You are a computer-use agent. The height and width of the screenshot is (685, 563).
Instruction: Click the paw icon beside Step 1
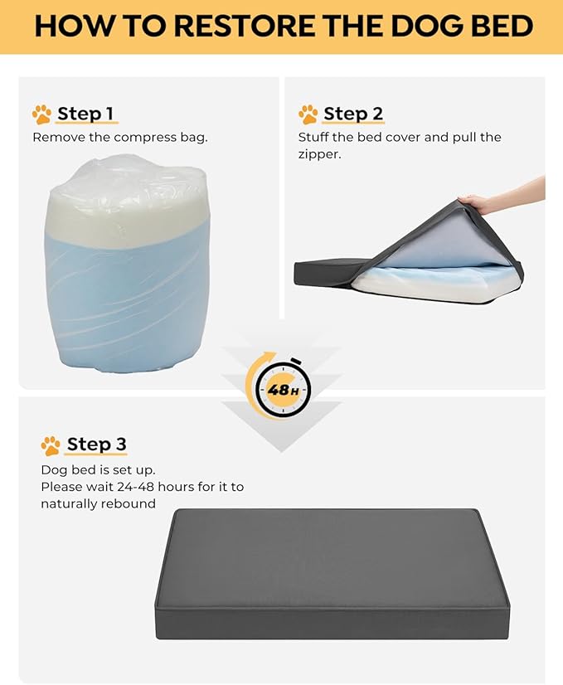42,114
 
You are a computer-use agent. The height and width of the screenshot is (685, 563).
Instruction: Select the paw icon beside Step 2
308,114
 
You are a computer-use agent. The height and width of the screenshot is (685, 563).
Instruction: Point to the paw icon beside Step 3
51,445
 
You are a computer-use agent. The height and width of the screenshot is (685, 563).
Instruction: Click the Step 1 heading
85,114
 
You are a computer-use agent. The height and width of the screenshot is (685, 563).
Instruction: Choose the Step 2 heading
353,114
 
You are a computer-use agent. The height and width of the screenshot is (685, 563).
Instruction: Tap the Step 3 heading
97,445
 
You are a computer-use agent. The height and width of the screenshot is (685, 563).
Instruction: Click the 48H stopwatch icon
282,386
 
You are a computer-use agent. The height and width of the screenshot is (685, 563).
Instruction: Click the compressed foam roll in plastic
127,265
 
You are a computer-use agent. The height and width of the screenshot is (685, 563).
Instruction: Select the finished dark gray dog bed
332,574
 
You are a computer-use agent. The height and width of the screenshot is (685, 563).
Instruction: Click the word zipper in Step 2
319,154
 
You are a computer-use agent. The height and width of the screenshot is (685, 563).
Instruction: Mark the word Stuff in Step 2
313,137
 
